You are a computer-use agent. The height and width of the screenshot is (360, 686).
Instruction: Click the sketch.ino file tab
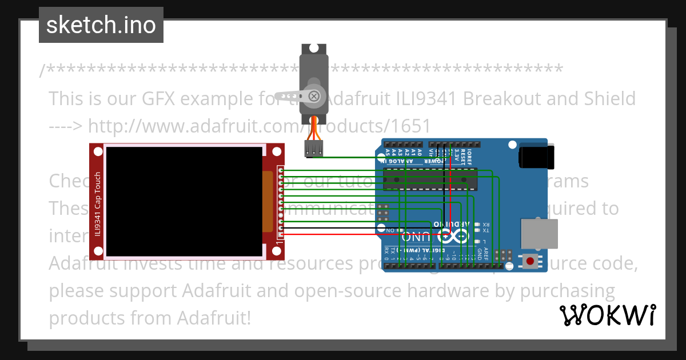click(x=101, y=25)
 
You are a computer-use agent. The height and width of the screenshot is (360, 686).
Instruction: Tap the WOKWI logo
click(x=607, y=315)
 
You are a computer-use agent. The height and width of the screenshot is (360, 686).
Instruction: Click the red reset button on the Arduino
click(x=531, y=262)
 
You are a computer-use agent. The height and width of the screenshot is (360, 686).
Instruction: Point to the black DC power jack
click(x=537, y=157)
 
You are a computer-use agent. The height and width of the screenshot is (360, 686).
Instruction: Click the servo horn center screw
click(x=314, y=96)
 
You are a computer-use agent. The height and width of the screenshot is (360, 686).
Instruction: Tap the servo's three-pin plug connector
click(x=313, y=150)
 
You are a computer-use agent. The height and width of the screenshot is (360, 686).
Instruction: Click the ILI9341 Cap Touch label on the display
click(x=98, y=204)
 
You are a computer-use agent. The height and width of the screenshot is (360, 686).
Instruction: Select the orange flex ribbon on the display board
click(x=268, y=201)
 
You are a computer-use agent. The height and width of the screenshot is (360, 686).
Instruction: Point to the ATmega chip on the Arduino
click(x=430, y=179)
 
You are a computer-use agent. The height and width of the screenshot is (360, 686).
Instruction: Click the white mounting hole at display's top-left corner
click(x=98, y=151)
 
